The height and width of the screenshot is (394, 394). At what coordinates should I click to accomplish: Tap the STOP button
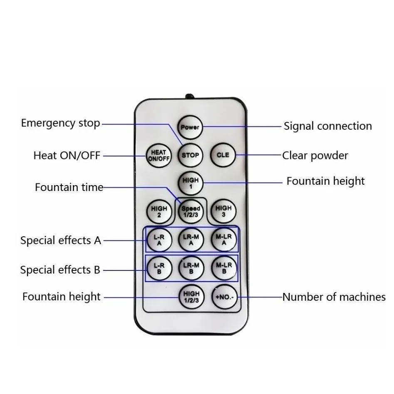190,155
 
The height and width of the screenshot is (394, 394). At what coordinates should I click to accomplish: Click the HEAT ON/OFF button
159,156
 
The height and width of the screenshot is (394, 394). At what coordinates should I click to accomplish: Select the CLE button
223,155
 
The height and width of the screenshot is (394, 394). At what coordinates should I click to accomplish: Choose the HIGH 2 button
159,212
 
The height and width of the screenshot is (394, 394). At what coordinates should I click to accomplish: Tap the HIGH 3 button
223,211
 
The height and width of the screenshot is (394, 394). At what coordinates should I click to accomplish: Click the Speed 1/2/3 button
191,211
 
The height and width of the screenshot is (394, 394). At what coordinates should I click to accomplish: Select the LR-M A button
191,240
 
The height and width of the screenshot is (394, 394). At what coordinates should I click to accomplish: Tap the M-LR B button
224,268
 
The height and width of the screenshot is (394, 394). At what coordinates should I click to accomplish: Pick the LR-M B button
191,268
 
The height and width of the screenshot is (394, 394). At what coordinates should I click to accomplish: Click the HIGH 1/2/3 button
191,297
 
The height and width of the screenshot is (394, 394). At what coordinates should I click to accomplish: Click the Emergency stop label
61,124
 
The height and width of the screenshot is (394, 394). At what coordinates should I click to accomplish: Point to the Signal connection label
328,126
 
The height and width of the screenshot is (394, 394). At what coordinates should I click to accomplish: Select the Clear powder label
315,156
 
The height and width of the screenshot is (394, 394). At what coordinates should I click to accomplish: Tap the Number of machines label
334,297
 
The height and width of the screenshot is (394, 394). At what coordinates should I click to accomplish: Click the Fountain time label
69,187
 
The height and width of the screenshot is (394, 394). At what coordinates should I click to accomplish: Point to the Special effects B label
60,270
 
